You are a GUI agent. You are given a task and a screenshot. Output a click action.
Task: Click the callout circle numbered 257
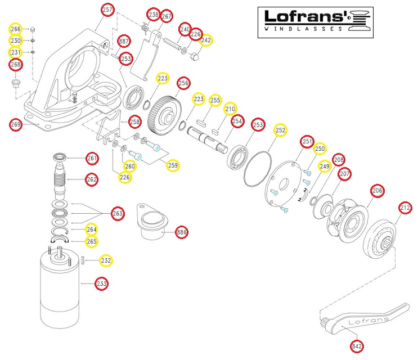107,10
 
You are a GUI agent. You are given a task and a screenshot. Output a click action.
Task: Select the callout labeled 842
356,346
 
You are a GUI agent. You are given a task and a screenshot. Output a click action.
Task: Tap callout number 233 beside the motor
101,284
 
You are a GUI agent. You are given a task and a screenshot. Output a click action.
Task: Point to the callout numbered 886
182,232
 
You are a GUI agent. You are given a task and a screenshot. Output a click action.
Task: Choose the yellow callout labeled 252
281,130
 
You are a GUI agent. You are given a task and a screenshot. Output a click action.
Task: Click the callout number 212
405,208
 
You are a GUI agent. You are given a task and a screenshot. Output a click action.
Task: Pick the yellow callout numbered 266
15,29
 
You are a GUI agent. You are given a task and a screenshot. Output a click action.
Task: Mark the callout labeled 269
15,124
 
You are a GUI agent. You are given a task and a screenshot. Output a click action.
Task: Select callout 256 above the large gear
183,83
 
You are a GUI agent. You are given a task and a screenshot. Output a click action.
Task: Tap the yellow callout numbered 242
206,40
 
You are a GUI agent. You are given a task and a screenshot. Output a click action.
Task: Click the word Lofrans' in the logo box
302,16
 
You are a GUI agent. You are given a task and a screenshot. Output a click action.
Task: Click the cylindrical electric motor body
60,290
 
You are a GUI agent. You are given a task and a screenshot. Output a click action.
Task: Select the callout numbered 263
118,213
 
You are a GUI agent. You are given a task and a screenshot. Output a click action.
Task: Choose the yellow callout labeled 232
106,261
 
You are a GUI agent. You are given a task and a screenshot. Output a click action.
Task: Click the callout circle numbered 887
124,42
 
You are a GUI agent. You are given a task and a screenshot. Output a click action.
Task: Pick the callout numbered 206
377,191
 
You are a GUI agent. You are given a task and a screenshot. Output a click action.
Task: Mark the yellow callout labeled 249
325,166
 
